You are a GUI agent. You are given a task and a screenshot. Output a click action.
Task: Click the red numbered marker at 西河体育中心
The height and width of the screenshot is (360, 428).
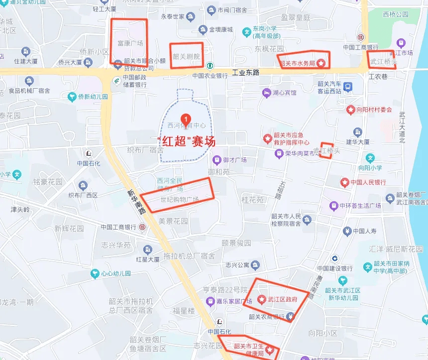pos(186,118)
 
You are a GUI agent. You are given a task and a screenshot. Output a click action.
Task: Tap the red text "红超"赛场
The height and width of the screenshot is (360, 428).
pos(186,141)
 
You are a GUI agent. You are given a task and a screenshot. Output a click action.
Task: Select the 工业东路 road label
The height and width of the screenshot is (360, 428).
pos(246,73)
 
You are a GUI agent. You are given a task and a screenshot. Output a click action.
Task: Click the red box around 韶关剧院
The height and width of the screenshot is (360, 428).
pos(187,56)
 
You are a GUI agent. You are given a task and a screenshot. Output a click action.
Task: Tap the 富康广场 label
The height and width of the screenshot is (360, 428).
pos(130,43)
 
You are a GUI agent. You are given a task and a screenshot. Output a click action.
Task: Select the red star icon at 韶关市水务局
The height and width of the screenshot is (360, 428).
pos(321,63)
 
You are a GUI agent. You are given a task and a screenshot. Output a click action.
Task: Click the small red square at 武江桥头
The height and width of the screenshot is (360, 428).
pos(326,150)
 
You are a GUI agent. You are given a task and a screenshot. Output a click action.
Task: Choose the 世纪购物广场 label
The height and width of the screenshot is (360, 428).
pos(179,199)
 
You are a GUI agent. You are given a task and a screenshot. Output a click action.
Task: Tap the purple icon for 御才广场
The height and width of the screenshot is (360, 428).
pos(217,160)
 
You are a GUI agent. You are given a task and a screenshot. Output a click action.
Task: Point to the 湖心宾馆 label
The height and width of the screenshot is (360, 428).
pos(284,93)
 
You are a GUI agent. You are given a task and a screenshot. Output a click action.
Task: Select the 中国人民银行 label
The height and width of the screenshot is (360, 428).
pos(368,182)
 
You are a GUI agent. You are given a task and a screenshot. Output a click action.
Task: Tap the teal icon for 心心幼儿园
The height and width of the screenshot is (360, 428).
pos(95,273)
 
